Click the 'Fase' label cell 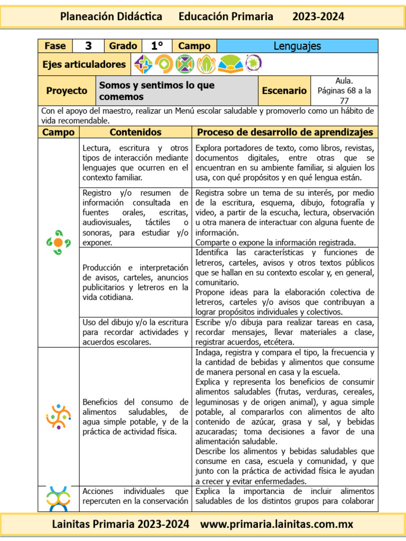tap(55, 46)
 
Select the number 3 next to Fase tap(88, 46)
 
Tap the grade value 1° tap(157, 46)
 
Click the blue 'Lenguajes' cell tap(297, 46)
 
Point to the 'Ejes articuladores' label tap(84, 64)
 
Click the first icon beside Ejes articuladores tap(143, 64)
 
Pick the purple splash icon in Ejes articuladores tap(253, 64)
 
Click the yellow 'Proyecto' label tap(67, 91)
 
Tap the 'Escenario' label tap(284, 91)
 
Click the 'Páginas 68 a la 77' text tap(344, 96)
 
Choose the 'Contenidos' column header tap(135, 132)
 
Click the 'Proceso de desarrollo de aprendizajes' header tap(284, 132)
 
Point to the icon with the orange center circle tap(58, 242)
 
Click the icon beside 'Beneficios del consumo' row tap(58, 416)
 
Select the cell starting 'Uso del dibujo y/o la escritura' tap(135, 332)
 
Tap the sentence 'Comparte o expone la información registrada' tap(275, 242)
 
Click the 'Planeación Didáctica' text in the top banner tap(111, 16)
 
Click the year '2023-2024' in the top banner tap(318, 16)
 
